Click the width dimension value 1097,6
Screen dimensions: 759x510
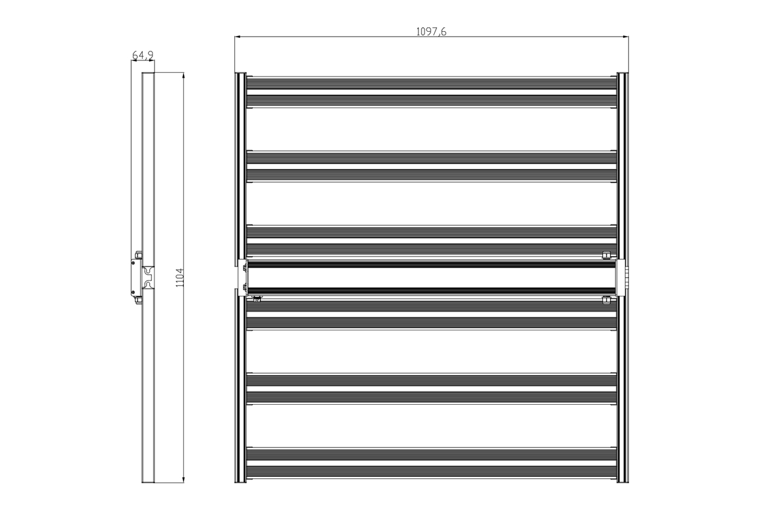(x=431, y=32)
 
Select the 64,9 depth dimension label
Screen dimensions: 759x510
(x=143, y=55)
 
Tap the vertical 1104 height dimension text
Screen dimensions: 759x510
(x=180, y=278)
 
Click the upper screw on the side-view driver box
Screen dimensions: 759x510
(x=133, y=262)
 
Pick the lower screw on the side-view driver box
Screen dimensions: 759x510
(x=133, y=292)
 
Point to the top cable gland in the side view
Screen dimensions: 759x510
(x=139, y=255)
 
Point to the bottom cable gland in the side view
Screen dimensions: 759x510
(x=139, y=300)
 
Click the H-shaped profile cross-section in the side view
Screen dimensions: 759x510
(x=148, y=277)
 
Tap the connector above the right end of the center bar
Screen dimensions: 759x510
(x=606, y=256)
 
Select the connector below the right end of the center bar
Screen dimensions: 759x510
(x=606, y=300)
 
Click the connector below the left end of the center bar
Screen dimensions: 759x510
(x=258, y=299)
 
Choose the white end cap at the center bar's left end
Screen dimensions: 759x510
(x=243, y=277)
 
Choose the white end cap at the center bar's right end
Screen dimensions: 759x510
(x=620, y=277)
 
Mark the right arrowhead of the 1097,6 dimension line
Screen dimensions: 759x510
(x=626, y=36)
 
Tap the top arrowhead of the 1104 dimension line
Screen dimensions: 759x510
(x=183, y=75)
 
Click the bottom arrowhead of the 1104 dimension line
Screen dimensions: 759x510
(x=183, y=479)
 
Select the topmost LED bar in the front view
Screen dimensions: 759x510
(x=431, y=84)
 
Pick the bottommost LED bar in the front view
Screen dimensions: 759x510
(x=431, y=472)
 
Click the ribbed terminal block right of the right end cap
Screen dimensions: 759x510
(x=626, y=277)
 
